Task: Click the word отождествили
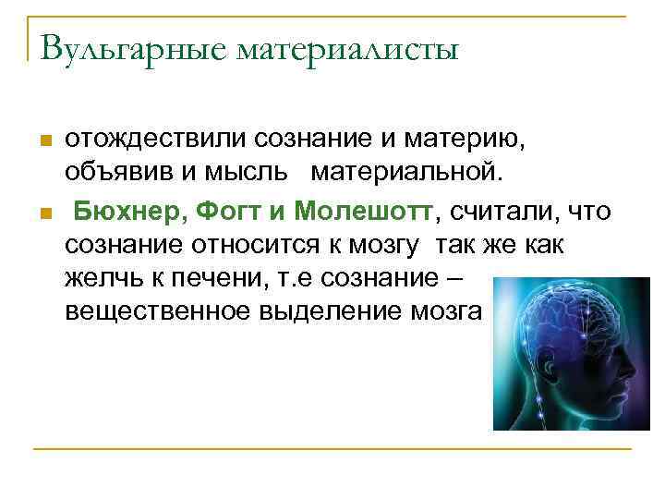click(x=151, y=140)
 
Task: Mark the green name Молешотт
click(x=363, y=213)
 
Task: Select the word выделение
click(x=334, y=311)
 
